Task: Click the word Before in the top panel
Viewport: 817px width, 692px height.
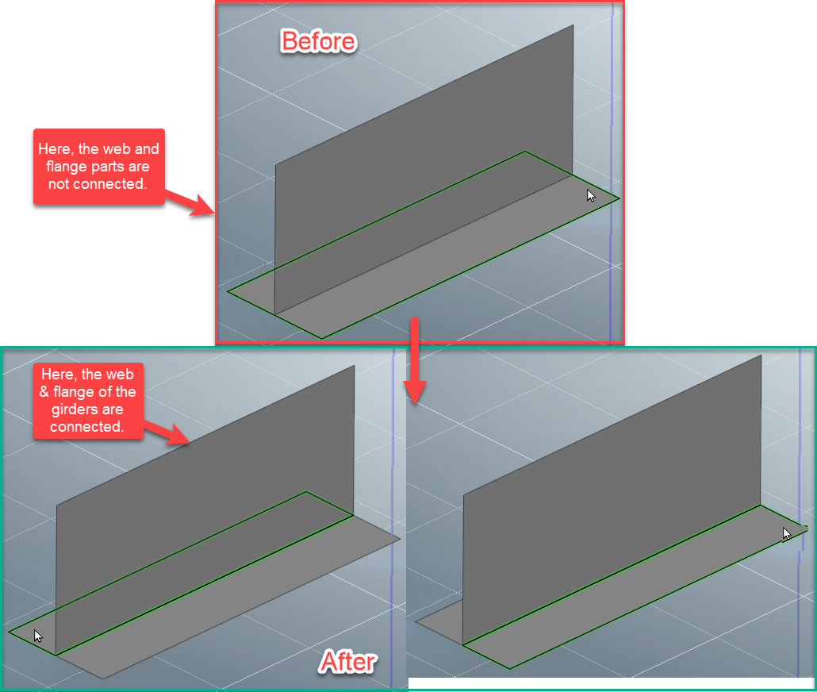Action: [x=318, y=41]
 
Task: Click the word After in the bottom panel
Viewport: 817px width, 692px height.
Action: [x=348, y=661]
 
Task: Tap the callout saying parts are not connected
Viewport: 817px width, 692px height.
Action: [x=98, y=167]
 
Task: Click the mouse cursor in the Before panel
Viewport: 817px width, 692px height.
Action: [x=591, y=195]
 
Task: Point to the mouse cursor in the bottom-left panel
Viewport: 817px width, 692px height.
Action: [x=38, y=636]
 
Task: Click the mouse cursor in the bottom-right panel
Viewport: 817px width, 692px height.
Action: [x=787, y=534]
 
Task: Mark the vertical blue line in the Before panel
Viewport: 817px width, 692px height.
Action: [x=612, y=159]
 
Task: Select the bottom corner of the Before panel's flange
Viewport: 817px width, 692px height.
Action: [x=322, y=338]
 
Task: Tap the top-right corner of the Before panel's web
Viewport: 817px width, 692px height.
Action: [x=573, y=26]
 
